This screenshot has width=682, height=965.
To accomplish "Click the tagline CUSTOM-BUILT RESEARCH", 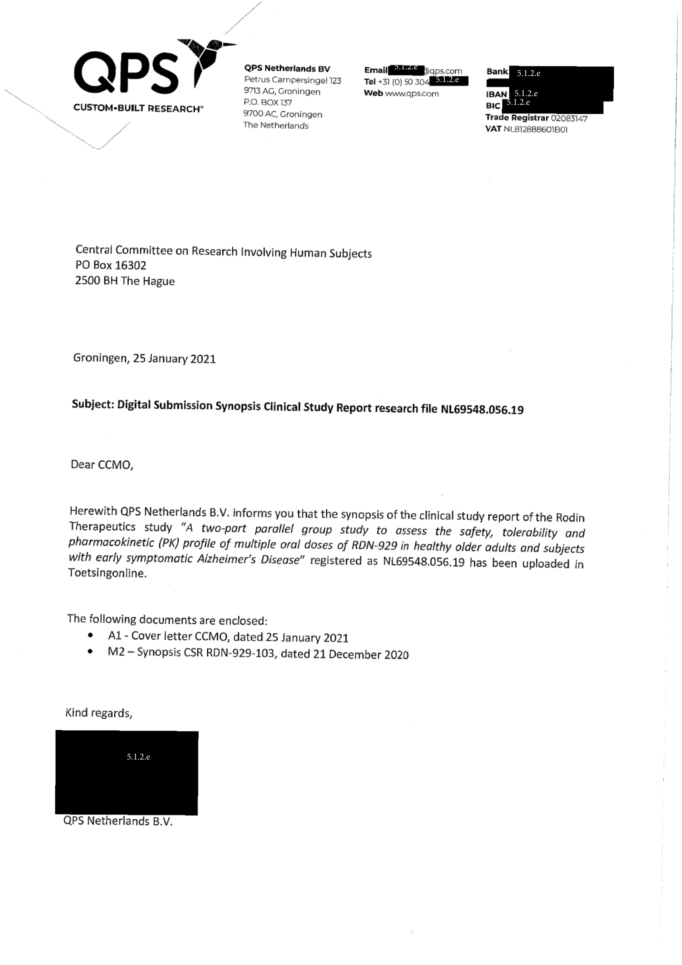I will pos(137,109).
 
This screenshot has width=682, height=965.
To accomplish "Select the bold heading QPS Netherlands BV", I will pos(288,68).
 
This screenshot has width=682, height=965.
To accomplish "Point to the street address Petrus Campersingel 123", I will pos(293,80).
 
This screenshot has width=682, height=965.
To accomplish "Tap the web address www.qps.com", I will pos(412,94).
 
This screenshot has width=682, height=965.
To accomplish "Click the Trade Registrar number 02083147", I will pos(569,118).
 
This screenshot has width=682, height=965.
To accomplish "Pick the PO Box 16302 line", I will pos(111,265).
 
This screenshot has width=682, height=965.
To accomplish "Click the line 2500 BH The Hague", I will pos(125,281).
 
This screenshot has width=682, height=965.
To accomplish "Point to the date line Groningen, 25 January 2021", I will pos(144,358).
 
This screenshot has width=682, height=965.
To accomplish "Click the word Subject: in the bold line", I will pos(93,404).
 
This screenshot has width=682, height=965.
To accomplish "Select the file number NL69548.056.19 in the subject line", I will pos(481,409).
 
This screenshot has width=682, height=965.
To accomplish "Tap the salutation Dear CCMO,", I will pos(101,465).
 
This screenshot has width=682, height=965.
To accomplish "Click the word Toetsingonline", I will pos(108,573).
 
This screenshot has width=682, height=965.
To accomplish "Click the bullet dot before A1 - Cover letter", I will pos(90,635).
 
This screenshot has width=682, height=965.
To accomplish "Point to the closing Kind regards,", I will pos(99,713).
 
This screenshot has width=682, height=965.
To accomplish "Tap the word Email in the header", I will pos(376,70).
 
